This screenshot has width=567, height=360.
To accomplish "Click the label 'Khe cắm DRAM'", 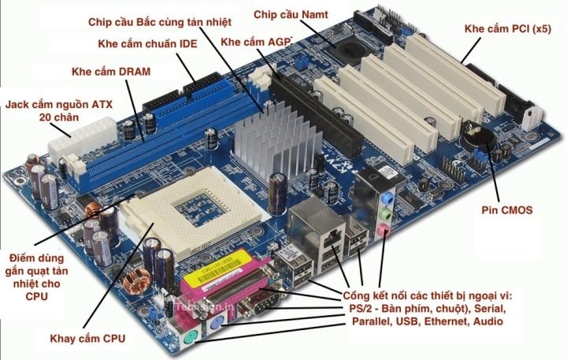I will (x=110, y=72).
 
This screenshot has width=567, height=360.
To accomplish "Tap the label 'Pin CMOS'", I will (x=507, y=210).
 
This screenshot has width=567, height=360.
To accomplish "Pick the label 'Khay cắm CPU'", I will (x=87, y=337).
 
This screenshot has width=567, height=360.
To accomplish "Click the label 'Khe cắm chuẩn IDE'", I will (x=147, y=43).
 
